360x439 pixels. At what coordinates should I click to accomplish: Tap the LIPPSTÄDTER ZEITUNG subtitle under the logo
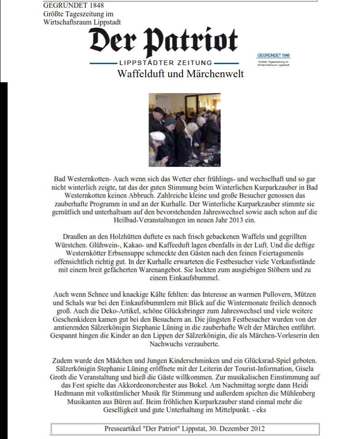click(x=164, y=63)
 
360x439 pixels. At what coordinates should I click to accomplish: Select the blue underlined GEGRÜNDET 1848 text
click(x=273, y=55)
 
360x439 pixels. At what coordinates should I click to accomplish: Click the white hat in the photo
click(x=157, y=135)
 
